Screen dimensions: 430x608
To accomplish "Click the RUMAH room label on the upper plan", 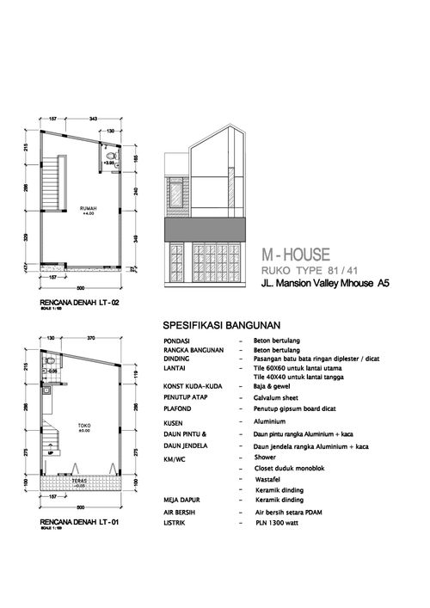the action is click(x=88, y=208).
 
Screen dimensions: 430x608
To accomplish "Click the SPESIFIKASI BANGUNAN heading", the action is click(x=223, y=326).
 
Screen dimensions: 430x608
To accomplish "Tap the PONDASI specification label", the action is click(x=176, y=341).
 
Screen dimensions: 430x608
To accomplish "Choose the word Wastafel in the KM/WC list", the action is click(x=271, y=477).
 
